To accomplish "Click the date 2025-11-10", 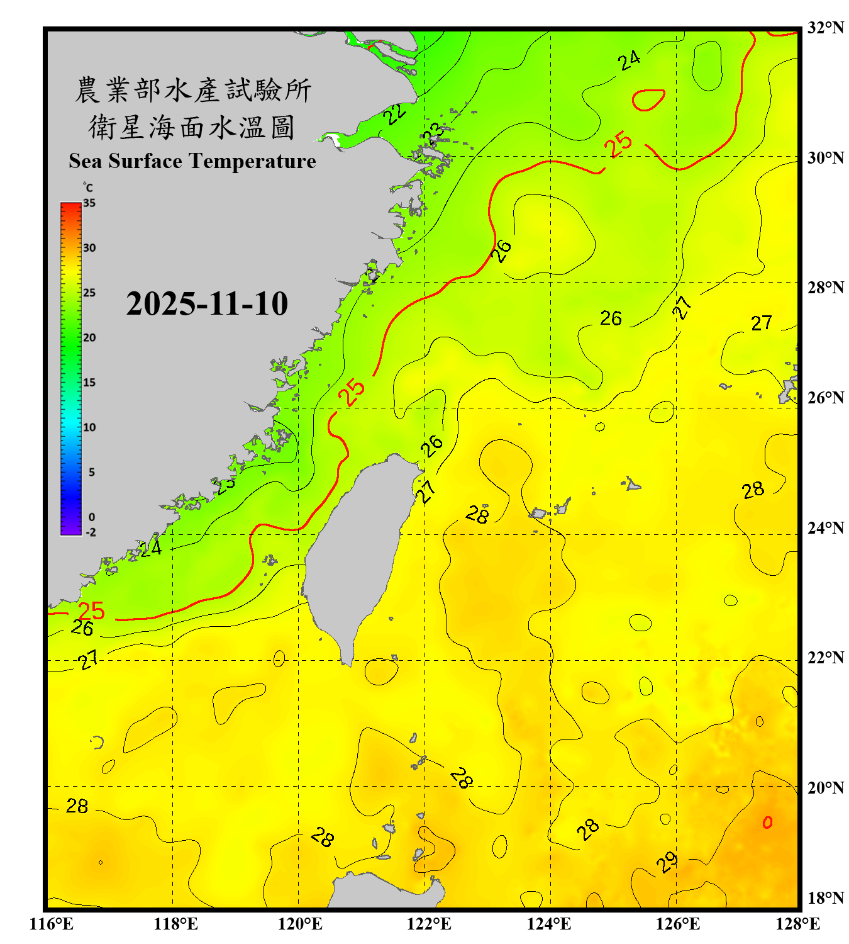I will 207,304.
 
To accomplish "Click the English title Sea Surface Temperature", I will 192,161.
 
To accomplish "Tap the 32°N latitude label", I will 826,28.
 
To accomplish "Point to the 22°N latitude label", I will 826,658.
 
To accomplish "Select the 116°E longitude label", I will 52,924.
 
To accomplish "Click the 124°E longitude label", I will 549,924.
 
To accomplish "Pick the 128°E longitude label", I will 797,924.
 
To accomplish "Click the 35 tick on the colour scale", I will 89,203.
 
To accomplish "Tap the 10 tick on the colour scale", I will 89,427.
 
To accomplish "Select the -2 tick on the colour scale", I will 91,532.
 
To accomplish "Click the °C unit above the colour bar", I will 88,188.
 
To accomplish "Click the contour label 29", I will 668,862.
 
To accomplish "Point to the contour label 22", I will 395,114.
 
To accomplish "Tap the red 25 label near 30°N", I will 618,144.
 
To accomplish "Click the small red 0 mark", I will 767,823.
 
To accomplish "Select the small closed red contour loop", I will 648,100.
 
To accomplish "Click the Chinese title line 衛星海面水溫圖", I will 192,127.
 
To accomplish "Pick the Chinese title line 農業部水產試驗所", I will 192,90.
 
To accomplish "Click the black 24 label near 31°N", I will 629,60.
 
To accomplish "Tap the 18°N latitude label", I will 826,898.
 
